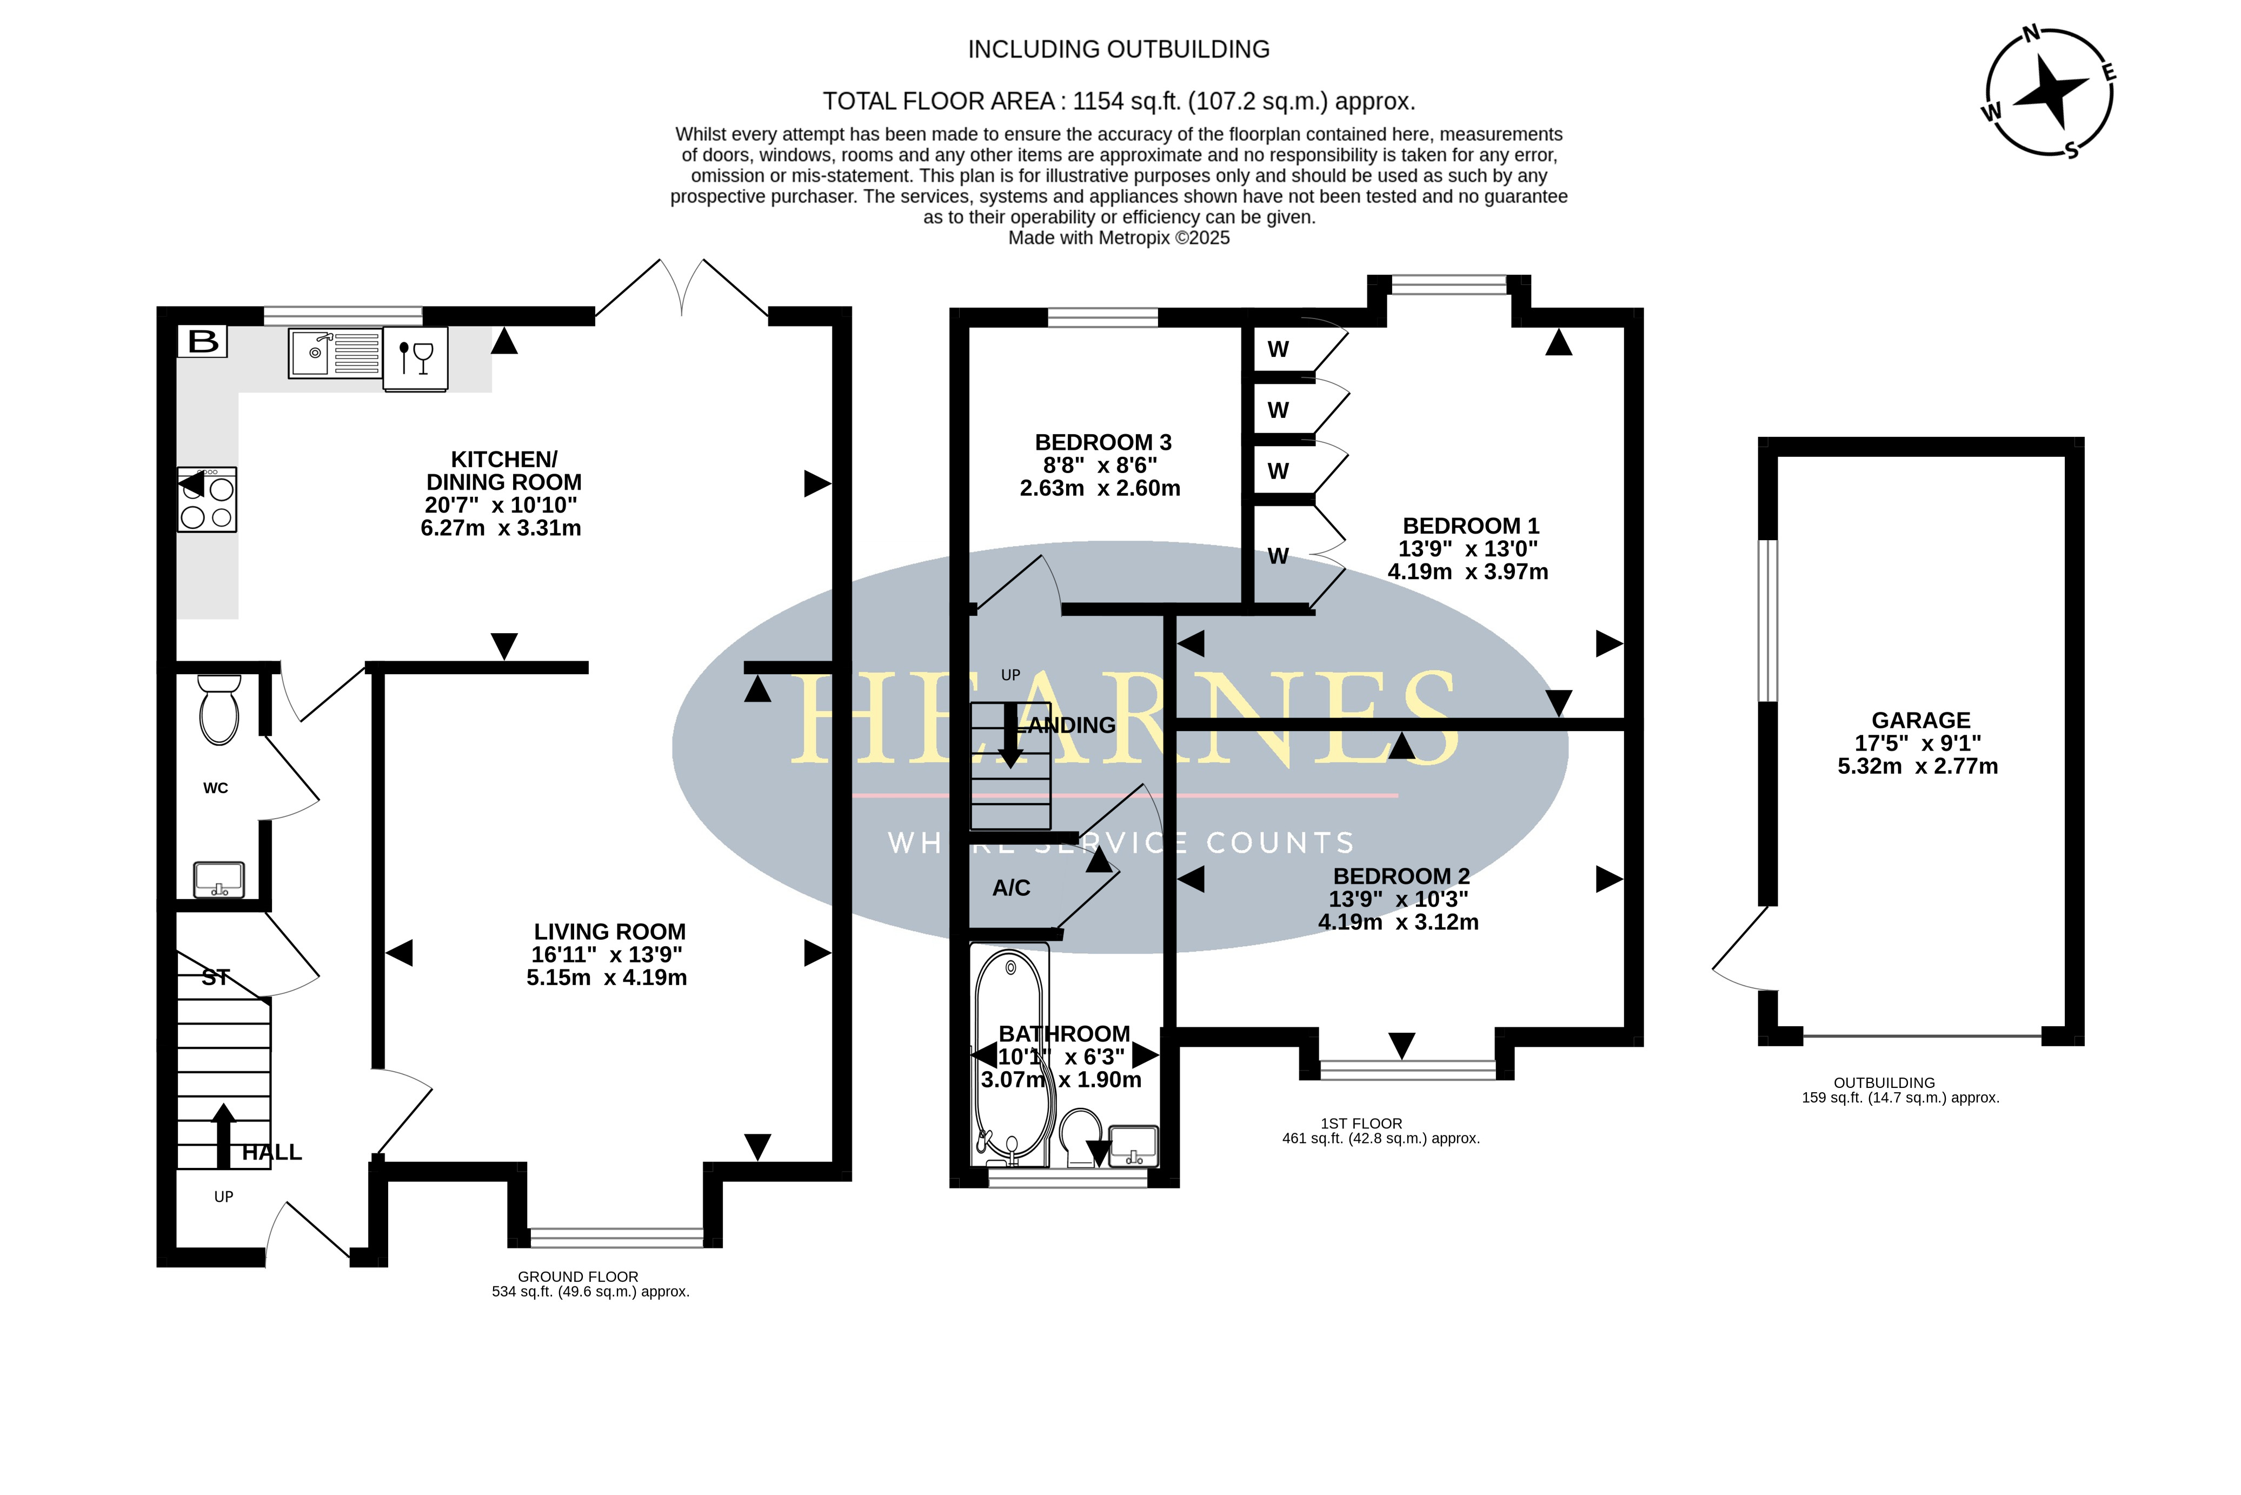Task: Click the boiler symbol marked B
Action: [x=202, y=341]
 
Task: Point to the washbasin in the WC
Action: [x=220, y=879]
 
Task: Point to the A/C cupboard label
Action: [x=1012, y=888]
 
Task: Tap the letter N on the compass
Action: [x=2031, y=34]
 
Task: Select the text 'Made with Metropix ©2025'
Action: [x=1119, y=238]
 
